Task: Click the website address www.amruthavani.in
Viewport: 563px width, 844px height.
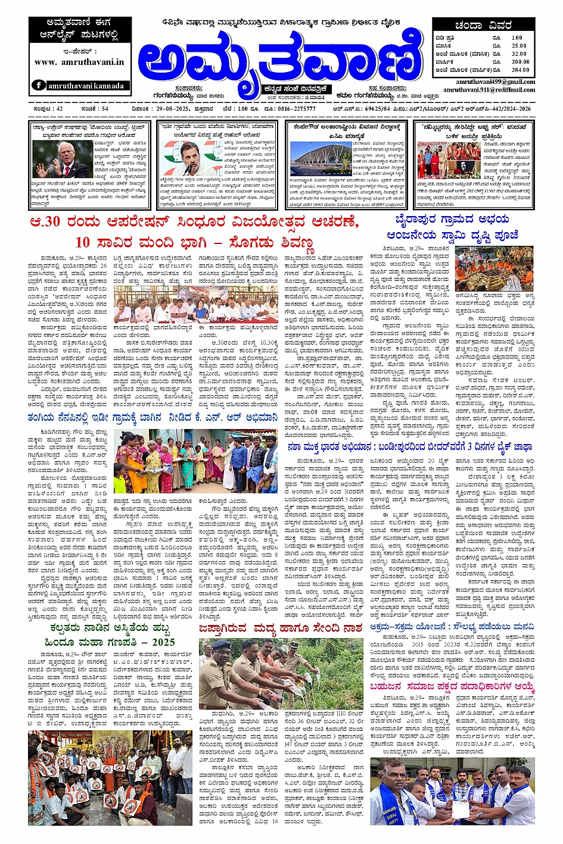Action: (x=79, y=62)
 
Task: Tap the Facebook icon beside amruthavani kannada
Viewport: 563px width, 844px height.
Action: (x=39, y=85)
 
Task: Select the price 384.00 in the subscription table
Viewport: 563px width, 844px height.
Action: (x=520, y=70)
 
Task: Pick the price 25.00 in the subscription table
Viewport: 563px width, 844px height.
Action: (x=518, y=46)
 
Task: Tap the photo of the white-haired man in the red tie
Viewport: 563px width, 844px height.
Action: (x=54, y=160)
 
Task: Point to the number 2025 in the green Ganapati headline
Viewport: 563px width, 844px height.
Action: (x=163, y=642)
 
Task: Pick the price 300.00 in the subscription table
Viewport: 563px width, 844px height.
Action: (x=520, y=62)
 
